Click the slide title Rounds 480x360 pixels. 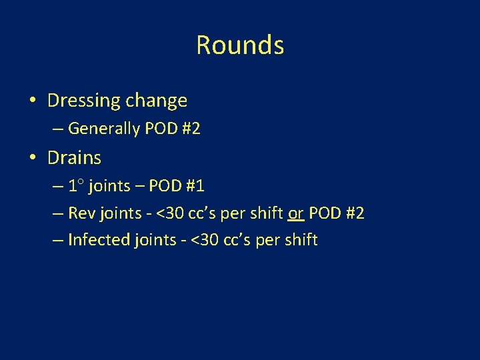240,45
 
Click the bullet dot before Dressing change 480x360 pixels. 33,101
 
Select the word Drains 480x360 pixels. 74,158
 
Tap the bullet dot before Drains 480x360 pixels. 33,159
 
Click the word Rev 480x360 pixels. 81,213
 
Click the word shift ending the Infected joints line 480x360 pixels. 300,240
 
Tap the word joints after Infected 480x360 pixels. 153,240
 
